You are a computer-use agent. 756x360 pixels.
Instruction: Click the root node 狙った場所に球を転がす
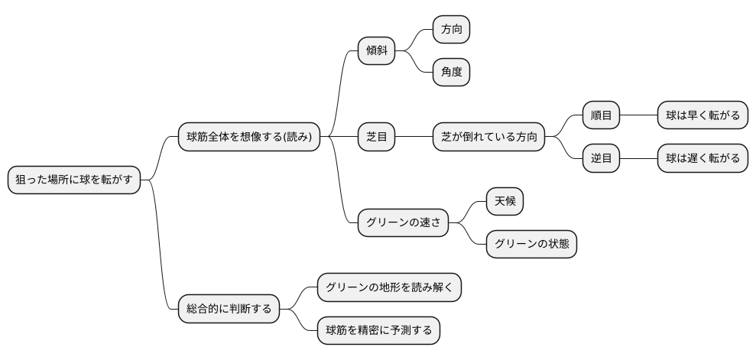point(74,180)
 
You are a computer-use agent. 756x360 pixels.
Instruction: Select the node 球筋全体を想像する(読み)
point(248,138)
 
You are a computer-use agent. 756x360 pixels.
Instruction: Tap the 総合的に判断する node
point(229,310)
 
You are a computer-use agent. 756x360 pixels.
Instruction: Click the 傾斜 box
point(376,52)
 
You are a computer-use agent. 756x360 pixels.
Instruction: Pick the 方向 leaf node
point(451,30)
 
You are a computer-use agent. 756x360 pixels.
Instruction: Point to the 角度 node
point(451,73)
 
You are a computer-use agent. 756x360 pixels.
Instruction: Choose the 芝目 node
point(376,138)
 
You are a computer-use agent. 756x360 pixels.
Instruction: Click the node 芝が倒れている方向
point(488,138)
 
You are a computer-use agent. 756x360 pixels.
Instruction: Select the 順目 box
point(601,116)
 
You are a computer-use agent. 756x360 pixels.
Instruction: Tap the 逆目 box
point(601,159)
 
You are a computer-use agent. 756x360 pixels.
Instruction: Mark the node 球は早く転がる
point(702,116)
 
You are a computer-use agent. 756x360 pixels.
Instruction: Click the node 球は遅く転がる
point(702,159)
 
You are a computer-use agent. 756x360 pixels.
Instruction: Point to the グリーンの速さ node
point(403,223)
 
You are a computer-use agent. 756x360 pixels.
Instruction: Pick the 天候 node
point(505,202)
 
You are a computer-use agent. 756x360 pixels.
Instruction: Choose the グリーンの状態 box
point(531,245)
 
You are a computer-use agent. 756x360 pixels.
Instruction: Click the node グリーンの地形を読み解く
point(389,287)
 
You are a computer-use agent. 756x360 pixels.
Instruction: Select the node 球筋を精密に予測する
point(378,330)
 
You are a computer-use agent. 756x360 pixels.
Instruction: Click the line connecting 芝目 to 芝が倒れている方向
point(414,138)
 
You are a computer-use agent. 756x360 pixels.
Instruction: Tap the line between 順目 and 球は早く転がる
point(638,116)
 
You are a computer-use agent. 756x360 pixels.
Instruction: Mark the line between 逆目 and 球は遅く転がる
point(638,159)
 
